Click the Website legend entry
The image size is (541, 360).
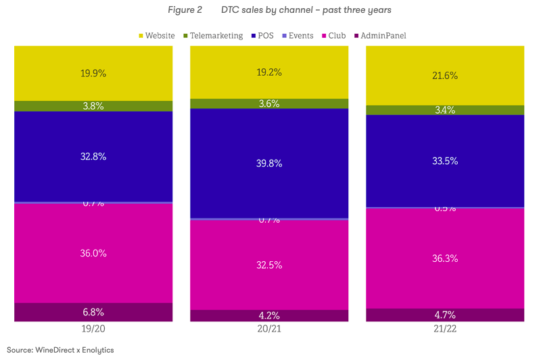pos(156,35)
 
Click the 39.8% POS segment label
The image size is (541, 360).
pos(269,163)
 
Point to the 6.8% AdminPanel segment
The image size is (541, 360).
pos(93,312)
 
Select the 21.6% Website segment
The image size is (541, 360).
pos(445,76)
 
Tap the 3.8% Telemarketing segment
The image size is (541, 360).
pos(93,106)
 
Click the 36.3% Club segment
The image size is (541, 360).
pos(445,258)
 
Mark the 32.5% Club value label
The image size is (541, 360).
pos(269,265)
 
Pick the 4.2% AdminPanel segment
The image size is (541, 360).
pos(269,315)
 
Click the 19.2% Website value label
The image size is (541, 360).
pos(269,72)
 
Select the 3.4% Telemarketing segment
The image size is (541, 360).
pos(445,110)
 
